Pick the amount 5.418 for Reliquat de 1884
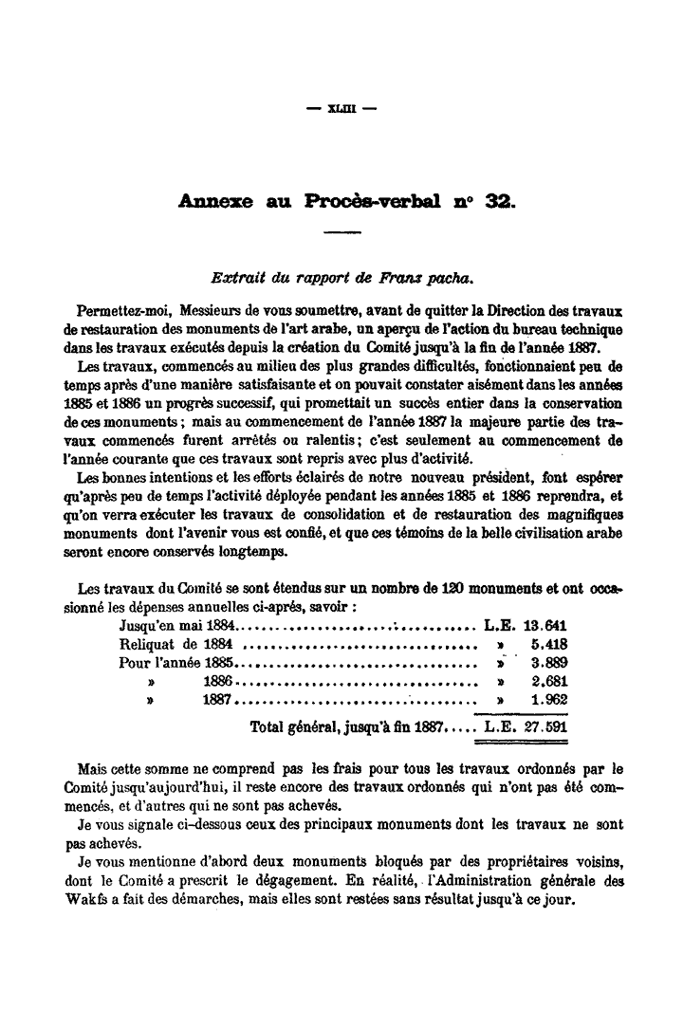(551, 644)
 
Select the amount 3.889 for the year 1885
(551, 663)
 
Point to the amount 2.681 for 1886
(551, 682)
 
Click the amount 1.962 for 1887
(551, 701)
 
